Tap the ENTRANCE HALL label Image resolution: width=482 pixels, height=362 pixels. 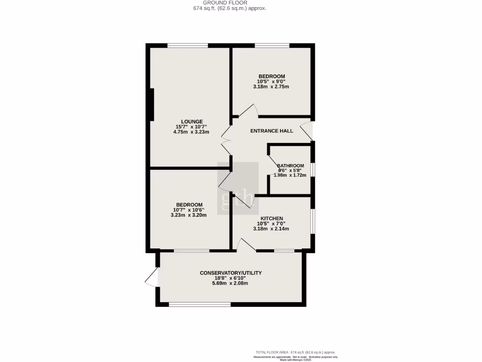coord(272,131)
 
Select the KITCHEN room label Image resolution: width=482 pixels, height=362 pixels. coord(272,218)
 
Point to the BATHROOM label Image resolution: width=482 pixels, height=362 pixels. coord(290,166)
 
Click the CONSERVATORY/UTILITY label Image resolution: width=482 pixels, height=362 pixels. coord(231,273)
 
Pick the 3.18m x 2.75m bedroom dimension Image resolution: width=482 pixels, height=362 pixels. coord(271,87)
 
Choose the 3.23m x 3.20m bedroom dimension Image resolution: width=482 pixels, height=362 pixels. coord(189,215)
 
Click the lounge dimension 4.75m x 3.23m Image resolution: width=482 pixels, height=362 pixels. coord(191,132)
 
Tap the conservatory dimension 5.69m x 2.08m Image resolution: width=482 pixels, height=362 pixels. coord(231,283)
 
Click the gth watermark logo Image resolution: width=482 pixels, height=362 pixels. coord(238,189)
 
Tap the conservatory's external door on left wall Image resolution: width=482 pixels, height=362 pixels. coord(152,277)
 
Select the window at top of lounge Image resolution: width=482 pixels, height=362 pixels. coord(188,46)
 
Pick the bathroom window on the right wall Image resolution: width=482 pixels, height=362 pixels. coord(313,170)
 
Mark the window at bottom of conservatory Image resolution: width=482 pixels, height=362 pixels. coord(200,304)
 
